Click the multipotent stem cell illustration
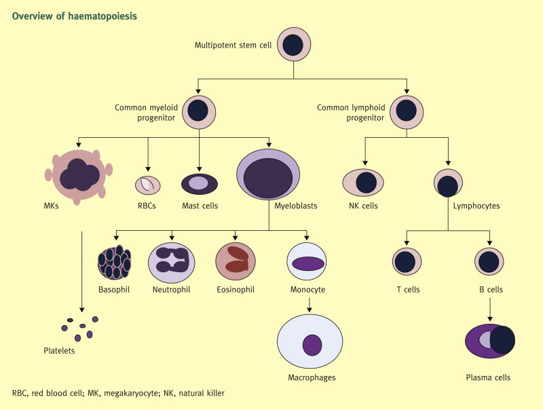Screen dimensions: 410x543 [293, 45]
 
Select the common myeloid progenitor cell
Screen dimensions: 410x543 [199, 112]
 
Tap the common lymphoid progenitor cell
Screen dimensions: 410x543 [407, 112]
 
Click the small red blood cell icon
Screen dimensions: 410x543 [148, 184]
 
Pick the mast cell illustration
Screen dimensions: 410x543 [199, 183]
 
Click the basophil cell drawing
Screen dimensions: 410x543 [115, 262]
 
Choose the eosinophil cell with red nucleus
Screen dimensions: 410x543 [235, 262]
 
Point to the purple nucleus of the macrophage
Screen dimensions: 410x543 [312, 345]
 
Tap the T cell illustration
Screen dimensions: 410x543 [407, 262]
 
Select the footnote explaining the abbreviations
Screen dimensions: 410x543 [118, 393]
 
